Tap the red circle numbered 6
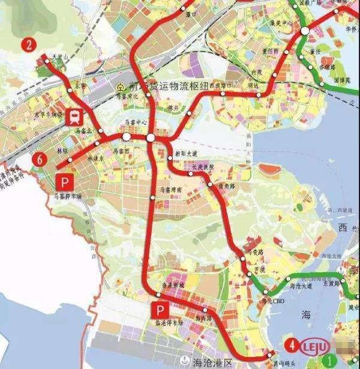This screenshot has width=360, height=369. point(40,159)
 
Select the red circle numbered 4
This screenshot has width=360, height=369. point(292,345)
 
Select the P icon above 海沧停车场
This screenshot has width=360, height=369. point(159,310)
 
